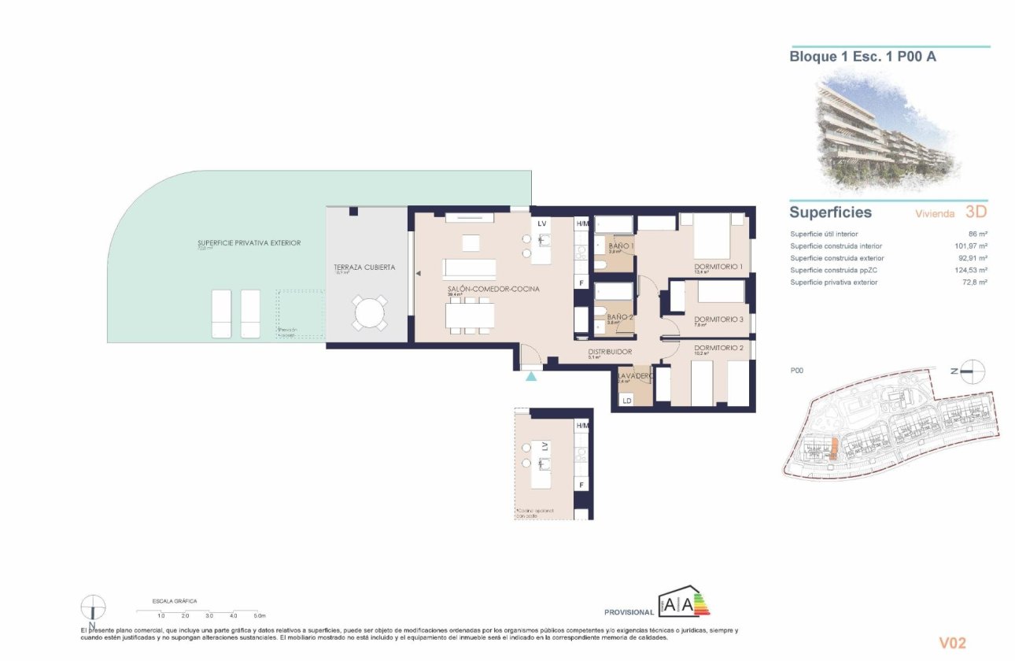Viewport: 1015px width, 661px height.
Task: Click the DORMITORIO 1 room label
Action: [718, 268]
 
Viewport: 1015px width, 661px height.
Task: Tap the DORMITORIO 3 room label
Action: [718, 319]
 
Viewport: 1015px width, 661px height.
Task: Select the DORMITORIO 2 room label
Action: [718, 348]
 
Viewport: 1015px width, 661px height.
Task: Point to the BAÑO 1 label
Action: [622, 246]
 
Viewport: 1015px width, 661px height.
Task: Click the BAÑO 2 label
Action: [621, 317]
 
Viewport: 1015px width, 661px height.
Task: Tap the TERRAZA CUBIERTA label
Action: [364, 268]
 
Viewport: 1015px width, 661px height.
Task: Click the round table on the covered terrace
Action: [369, 314]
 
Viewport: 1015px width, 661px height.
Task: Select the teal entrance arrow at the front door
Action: [532, 377]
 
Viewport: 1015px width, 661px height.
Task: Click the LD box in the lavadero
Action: [627, 401]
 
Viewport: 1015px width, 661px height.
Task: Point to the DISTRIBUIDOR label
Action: [610, 352]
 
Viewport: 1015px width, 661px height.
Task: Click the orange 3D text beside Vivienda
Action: [975, 212]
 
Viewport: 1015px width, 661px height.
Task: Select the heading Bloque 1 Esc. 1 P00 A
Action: [862, 57]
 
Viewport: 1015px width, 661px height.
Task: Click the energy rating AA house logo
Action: [685, 603]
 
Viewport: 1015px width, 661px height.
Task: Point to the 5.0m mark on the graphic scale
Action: [260, 615]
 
